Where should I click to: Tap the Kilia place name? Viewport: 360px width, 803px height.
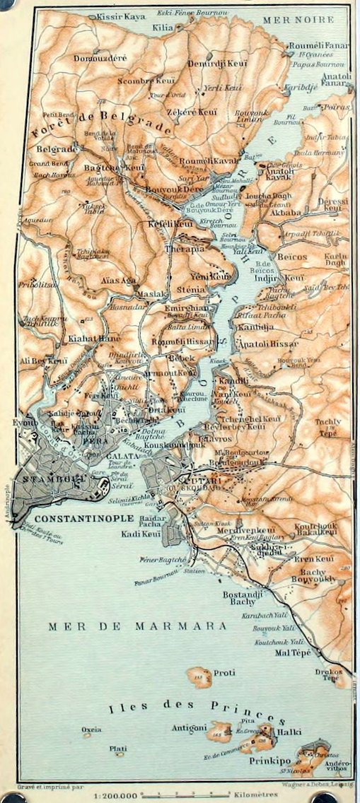tap(163, 26)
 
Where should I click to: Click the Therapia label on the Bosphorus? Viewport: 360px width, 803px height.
tap(185, 249)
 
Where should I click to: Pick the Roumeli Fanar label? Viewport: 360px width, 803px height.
tap(306, 45)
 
